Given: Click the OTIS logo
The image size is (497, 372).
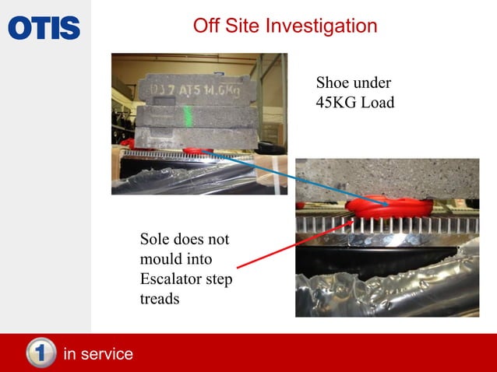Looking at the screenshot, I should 44,28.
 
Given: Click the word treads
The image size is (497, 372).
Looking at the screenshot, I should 160,297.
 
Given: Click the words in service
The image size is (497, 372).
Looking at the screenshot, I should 98,354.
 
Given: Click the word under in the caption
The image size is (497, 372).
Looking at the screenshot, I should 372,82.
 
